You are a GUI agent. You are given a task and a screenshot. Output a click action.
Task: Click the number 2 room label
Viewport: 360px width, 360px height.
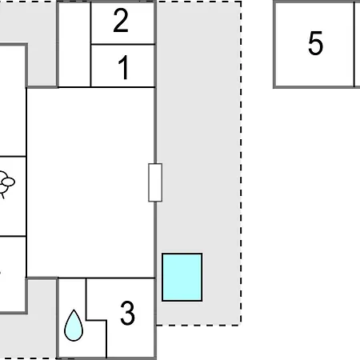(x=121, y=21)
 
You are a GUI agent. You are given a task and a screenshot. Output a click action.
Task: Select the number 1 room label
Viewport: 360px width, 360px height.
(x=124, y=68)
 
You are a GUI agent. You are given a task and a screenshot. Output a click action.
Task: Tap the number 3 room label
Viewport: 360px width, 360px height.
(x=127, y=313)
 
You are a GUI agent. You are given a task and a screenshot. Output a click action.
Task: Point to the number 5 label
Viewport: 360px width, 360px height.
(x=316, y=43)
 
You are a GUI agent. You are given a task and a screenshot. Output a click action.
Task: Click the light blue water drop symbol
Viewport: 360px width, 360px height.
(x=74, y=326)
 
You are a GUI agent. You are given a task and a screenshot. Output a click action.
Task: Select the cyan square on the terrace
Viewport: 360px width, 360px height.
(x=182, y=277)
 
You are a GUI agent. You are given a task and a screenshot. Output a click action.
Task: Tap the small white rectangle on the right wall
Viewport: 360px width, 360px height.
(x=155, y=182)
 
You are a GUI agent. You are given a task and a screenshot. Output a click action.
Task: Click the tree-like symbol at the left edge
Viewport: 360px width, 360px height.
(x=6, y=184)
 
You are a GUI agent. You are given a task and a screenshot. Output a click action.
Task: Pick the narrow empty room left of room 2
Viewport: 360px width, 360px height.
(x=74, y=44)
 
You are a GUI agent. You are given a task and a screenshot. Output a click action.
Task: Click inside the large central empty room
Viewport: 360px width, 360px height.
(x=90, y=182)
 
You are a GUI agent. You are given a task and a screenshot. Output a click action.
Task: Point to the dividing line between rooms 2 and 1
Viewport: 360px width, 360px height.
(x=122, y=44)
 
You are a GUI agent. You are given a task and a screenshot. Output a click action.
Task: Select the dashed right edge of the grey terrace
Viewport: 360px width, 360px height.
(x=241, y=163)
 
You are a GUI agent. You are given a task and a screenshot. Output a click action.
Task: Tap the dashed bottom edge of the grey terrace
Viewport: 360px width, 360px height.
(x=199, y=325)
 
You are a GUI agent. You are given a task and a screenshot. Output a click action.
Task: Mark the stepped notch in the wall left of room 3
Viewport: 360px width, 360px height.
(x=97, y=320)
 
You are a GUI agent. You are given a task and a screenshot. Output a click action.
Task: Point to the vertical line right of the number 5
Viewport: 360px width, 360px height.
(x=354, y=44)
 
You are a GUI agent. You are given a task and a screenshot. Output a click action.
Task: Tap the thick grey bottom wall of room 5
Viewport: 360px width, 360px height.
(x=317, y=86)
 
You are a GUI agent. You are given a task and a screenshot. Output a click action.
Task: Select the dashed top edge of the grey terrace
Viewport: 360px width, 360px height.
(x=199, y=2)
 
